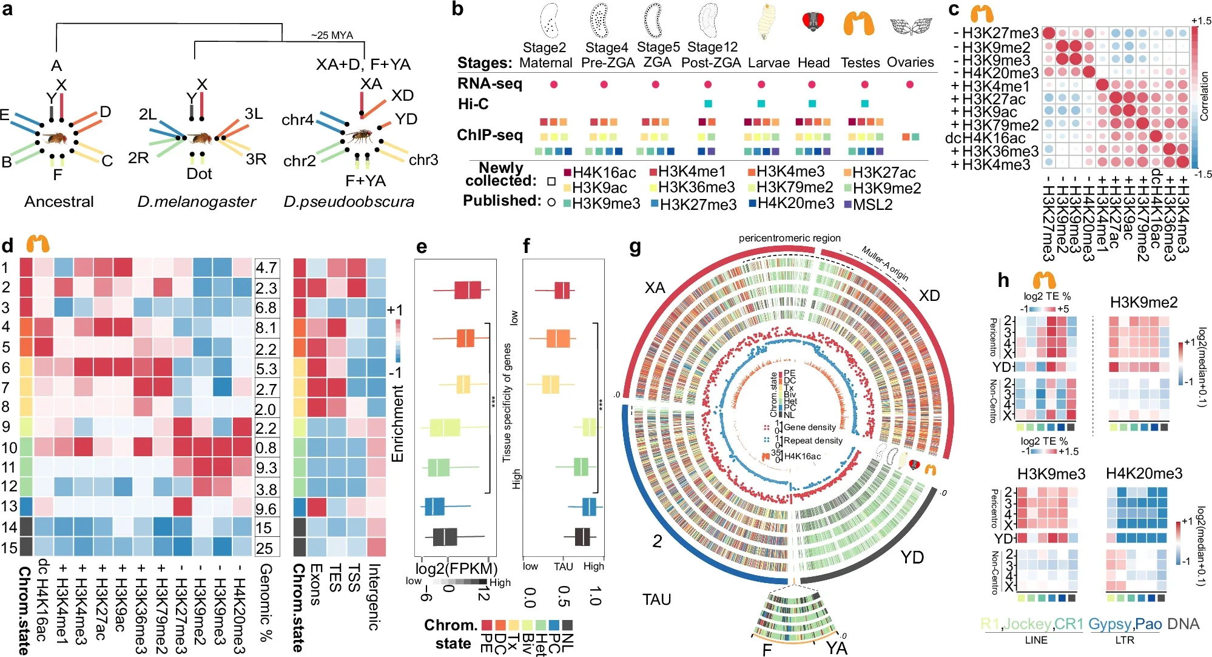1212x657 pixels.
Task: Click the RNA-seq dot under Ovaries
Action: [x=909, y=84]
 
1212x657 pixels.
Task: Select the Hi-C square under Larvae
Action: [x=761, y=104]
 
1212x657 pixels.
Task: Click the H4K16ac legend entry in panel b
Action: [x=600, y=173]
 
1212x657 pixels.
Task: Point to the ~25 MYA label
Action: [x=332, y=35]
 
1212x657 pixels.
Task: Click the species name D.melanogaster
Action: [x=197, y=201]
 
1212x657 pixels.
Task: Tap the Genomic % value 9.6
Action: [x=266, y=508]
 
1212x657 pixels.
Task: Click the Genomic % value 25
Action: [x=264, y=548]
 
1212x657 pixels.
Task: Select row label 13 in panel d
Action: [x=9, y=507]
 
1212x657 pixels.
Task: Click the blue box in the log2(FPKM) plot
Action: [x=434, y=506]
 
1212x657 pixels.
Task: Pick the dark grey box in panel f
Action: [x=582, y=537]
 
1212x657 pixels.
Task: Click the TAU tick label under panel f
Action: [x=563, y=566]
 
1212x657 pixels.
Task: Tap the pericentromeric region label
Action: [x=789, y=238]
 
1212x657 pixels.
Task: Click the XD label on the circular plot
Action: [x=928, y=296]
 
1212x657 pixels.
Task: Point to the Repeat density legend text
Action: [x=813, y=440]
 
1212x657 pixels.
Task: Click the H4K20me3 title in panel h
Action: [x=1143, y=474]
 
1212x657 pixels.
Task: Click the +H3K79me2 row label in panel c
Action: [x=995, y=125]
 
